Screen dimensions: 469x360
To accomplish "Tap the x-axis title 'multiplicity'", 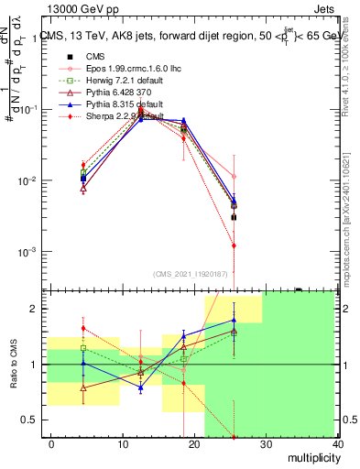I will tap(311, 457).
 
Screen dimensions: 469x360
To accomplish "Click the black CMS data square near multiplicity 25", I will tap(234, 217).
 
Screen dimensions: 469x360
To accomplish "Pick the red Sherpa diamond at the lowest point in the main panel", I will tap(234, 245).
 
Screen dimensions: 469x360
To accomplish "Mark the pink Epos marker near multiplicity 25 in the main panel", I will tap(234, 176).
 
